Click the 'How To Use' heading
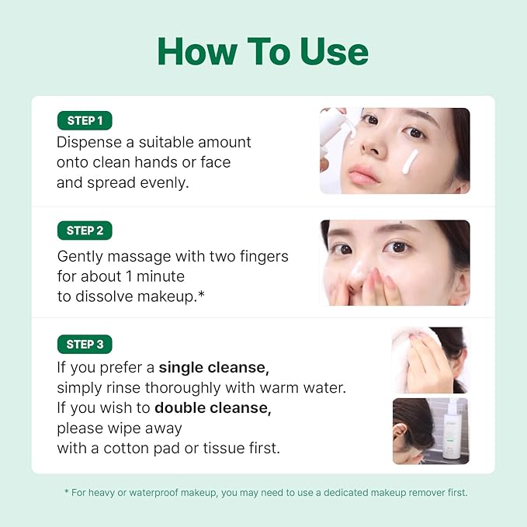click(263, 51)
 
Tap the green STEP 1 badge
click(85, 120)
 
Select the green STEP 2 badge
click(85, 231)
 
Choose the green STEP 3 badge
click(85, 344)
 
